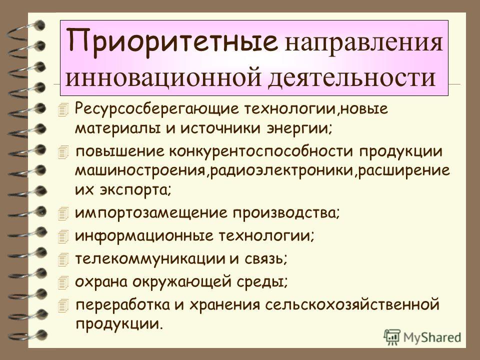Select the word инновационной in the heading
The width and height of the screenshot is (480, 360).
(163, 78)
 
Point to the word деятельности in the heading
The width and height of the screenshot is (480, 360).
(352, 78)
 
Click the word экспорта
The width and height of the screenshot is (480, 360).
(135, 190)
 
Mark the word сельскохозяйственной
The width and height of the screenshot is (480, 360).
(352, 305)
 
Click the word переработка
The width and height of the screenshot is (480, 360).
(122, 305)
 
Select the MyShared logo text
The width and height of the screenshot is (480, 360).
(432, 337)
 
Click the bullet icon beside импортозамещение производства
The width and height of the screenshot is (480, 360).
(63, 213)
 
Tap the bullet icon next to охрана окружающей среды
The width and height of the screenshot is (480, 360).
(63, 282)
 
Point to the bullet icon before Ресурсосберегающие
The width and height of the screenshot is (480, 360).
(63, 110)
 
